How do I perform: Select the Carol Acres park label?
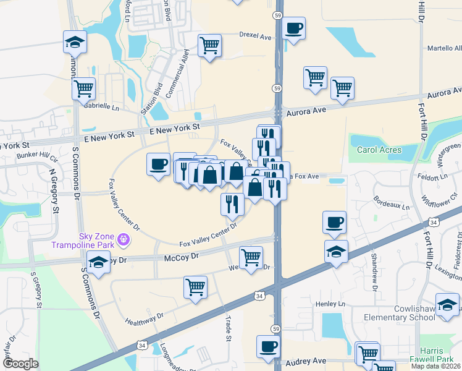click(379, 150)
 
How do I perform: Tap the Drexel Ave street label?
click(255, 37)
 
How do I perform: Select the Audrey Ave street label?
click(309, 360)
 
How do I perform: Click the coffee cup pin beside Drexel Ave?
click(294, 28)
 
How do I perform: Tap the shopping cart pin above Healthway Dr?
click(195, 287)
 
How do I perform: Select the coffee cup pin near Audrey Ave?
click(268, 348)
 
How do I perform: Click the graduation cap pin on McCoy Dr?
click(99, 262)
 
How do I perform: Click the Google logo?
click(20, 364)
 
